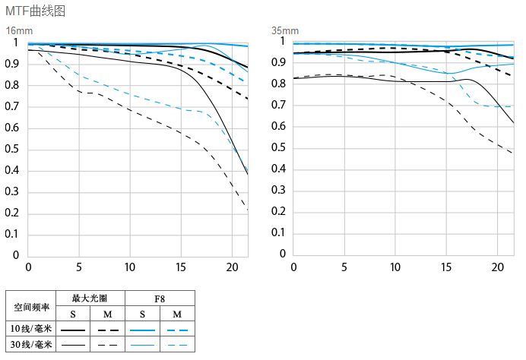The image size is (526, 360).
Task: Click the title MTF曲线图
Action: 35,11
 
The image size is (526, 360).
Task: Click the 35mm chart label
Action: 285,30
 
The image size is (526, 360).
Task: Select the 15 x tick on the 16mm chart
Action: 180,267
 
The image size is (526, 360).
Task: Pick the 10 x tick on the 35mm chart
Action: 395,267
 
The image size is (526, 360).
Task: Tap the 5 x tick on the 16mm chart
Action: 79,267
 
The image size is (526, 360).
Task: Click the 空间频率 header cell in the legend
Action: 32,308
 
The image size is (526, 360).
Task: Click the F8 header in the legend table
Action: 160,299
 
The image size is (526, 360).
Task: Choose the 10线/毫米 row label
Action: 32,330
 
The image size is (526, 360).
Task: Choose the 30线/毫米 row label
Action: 32,345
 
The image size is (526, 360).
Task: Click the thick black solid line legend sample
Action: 73,331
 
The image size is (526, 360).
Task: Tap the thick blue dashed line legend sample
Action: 177,331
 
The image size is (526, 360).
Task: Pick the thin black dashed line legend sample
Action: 107,346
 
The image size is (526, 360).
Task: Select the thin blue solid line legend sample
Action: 142,346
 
